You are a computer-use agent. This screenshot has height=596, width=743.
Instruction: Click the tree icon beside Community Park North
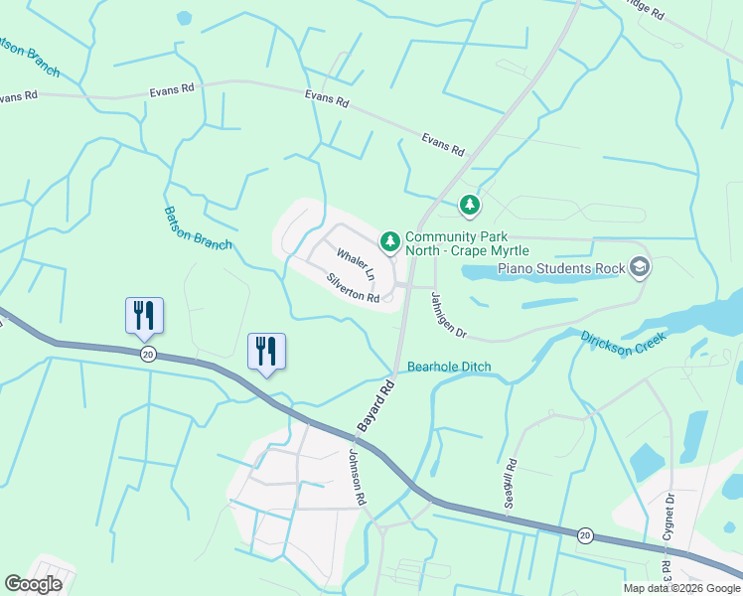click(x=390, y=240)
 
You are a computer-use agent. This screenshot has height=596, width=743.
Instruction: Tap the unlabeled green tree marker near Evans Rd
click(x=469, y=206)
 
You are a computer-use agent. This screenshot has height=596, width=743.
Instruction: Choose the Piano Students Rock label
click(x=561, y=268)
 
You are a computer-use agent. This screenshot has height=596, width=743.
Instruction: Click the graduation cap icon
click(x=640, y=266)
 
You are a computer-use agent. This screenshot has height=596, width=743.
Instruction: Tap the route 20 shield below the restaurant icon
click(x=148, y=355)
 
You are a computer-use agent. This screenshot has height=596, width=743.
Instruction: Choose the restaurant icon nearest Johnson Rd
click(x=266, y=351)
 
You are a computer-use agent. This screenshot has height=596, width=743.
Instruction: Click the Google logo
click(x=34, y=584)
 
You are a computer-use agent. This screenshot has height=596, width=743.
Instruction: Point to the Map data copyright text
click(x=682, y=588)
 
